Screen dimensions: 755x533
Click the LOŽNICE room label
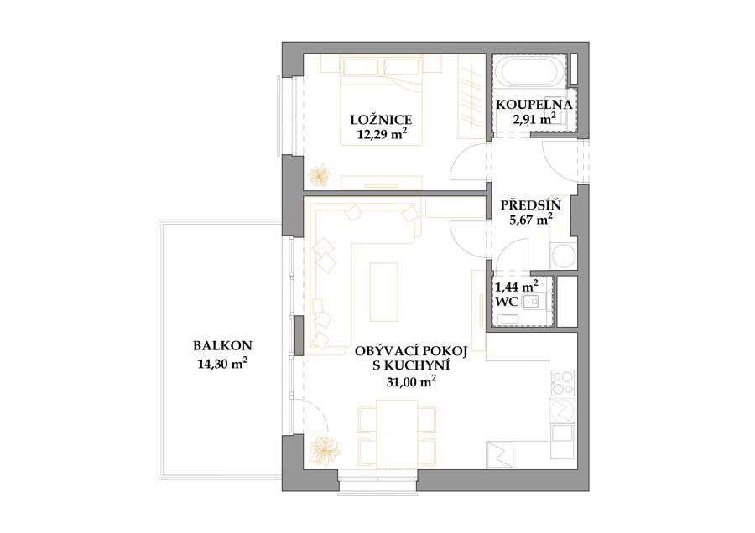click(381, 119)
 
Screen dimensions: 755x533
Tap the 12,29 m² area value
click(380, 134)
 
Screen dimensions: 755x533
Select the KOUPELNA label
click(534, 105)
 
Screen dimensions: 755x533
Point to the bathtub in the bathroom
click(531, 73)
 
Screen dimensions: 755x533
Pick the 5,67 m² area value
click(531, 220)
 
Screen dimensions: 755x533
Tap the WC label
click(507, 302)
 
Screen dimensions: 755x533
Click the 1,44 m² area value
click(517, 287)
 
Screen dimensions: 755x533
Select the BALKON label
click(222, 345)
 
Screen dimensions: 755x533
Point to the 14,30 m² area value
click(222, 364)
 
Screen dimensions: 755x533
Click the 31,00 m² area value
click(412, 381)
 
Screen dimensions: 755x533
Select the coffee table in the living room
click(383, 292)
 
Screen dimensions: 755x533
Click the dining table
click(398, 433)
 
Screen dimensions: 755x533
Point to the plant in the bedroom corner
click(320, 175)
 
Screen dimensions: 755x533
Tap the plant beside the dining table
click(325, 450)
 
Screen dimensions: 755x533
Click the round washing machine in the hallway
click(564, 256)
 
